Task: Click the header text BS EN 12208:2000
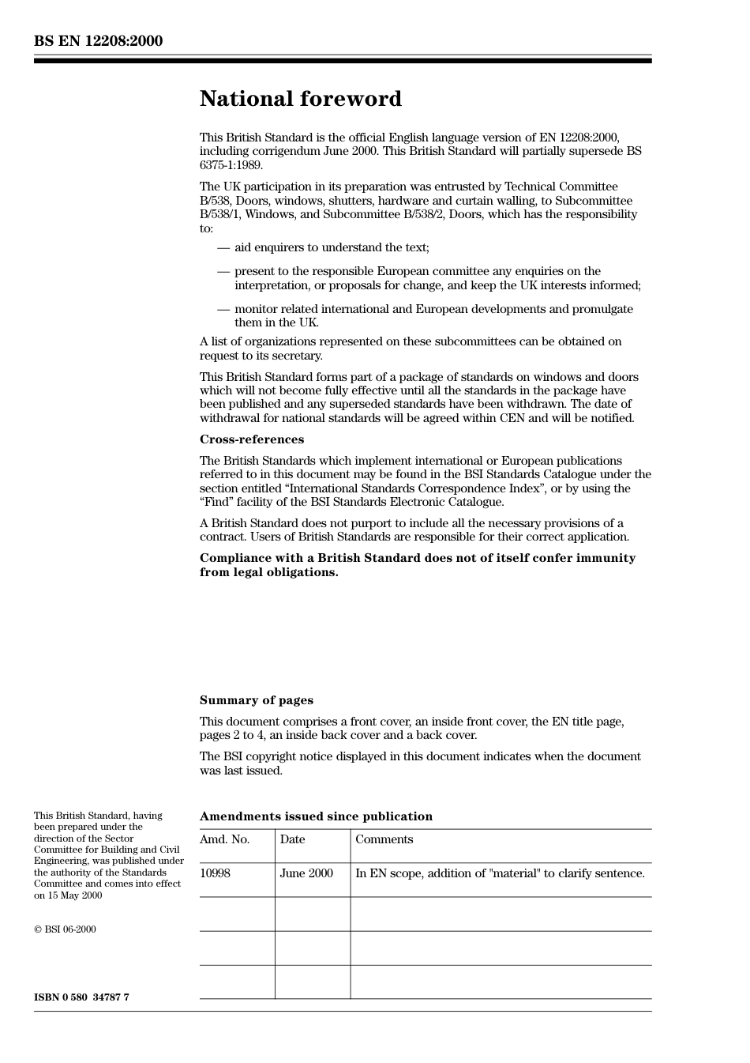pyautogui.click(x=98, y=41)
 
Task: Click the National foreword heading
pyautogui.click(x=300, y=99)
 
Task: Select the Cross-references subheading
pyautogui.click(x=251, y=439)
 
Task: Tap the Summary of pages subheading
pyautogui.click(x=256, y=700)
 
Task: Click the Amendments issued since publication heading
pyautogui.click(x=316, y=816)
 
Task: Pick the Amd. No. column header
pyautogui.click(x=224, y=839)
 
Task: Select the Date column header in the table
pyautogui.click(x=292, y=839)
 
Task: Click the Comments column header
pyautogui.click(x=384, y=839)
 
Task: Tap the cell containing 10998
pyautogui.click(x=215, y=873)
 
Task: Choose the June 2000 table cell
pyautogui.click(x=306, y=873)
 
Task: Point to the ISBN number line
pyautogui.click(x=81, y=997)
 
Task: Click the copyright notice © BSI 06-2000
pyautogui.click(x=65, y=929)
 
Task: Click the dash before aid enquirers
pyautogui.click(x=223, y=247)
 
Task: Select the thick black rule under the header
pyautogui.click(x=343, y=60)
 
